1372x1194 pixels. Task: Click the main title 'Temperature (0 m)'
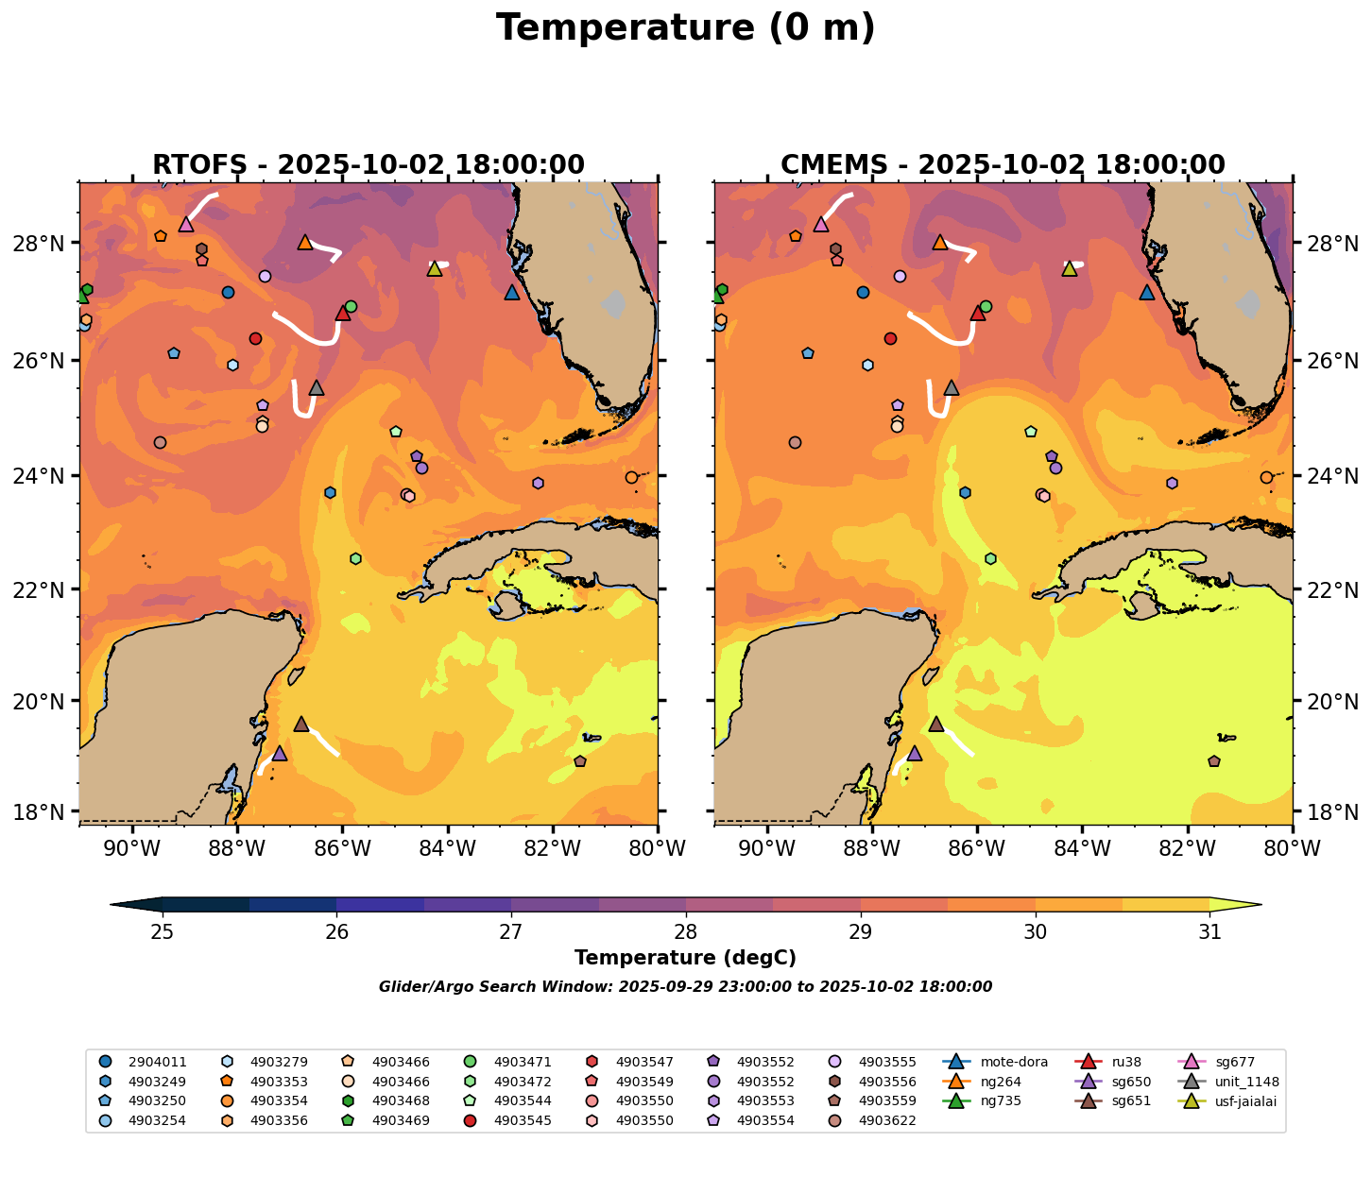coord(685,28)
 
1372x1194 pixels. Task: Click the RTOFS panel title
coord(369,165)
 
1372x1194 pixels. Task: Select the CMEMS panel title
coord(1003,165)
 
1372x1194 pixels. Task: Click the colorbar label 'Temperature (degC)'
coord(685,958)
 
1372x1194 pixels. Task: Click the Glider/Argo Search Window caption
coord(685,987)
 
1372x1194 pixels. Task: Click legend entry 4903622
coord(887,1121)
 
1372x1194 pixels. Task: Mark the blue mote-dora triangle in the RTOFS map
coord(512,293)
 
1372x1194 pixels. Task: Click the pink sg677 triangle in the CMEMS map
coord(821,225)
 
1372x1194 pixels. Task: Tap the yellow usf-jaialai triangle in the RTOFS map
coord(435,269)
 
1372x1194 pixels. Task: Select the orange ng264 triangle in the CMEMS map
coord(940,243)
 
